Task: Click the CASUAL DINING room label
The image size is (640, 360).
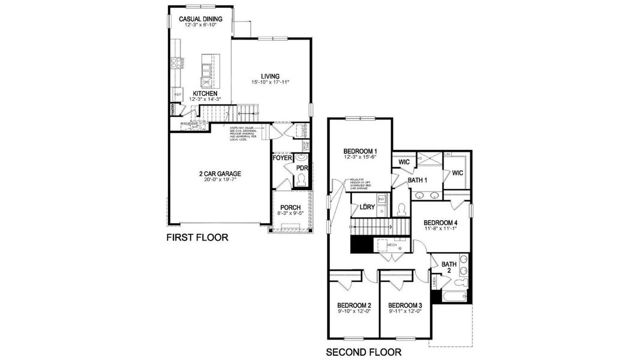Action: coord(200,19)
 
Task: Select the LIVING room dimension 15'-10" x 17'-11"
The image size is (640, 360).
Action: coord(271,82)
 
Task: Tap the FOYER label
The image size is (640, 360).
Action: coord(282,158)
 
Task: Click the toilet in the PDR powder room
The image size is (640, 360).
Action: coord(301,179)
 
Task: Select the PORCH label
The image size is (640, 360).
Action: coord(290,208)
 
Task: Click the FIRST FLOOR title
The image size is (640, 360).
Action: coord(197,238)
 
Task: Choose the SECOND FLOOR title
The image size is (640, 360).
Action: coord(363,352)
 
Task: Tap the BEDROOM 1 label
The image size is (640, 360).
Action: coord(360,151)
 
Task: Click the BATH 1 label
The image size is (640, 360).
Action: coord(417,180)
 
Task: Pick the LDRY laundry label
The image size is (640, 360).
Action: coord(367,208)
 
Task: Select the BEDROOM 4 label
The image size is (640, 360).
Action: coord(440,223)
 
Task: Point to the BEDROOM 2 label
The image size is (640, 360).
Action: coord(354,304)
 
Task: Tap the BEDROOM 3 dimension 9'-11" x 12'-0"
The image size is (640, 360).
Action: coord(405,311)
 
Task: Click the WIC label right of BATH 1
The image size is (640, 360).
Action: coord(457,173)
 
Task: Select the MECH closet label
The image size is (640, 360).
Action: coord(392,245)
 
